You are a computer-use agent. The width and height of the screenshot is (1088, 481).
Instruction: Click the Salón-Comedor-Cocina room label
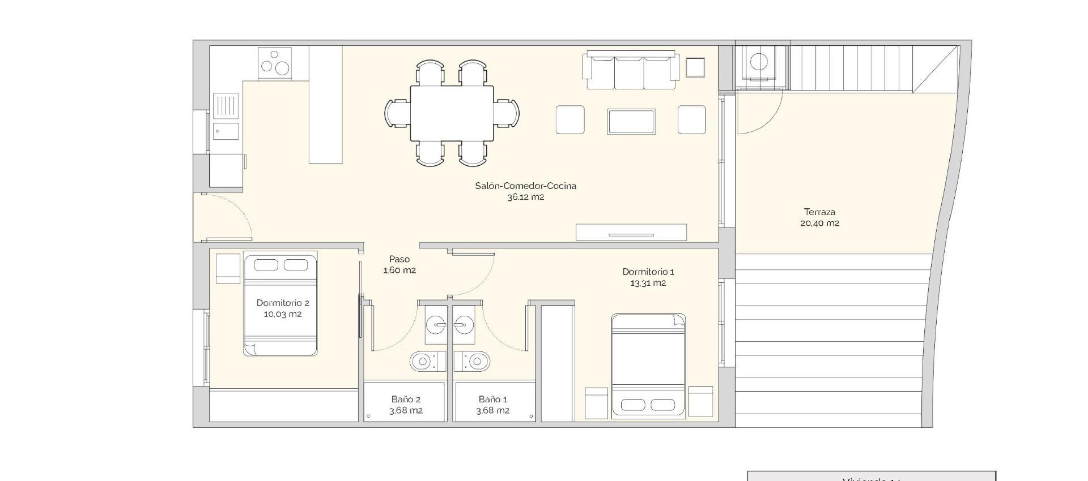(x=525, y=186)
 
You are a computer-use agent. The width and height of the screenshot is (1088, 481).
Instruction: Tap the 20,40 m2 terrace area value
(x=819, y=224)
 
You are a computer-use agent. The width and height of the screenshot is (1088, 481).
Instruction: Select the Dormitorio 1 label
(x=648, y=272)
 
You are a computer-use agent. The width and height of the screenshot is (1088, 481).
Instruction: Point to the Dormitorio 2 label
(x=283, y=303)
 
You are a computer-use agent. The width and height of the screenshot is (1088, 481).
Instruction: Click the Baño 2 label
(x=406, y=400)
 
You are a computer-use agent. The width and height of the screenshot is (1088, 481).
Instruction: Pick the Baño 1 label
(x=492, y=400)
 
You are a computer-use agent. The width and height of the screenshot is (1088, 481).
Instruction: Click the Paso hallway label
(x=399, y=259)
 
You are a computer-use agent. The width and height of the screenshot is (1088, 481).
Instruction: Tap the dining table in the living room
(x=452, y=113)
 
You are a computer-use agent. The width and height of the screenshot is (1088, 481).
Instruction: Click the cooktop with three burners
(x=275, y=63)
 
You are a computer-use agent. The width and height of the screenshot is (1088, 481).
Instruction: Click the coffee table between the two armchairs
(x=631, y=122)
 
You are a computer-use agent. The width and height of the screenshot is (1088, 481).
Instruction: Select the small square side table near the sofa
(x=695, y=67)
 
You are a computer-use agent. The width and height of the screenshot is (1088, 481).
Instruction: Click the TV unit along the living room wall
(x=631, y=232)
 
